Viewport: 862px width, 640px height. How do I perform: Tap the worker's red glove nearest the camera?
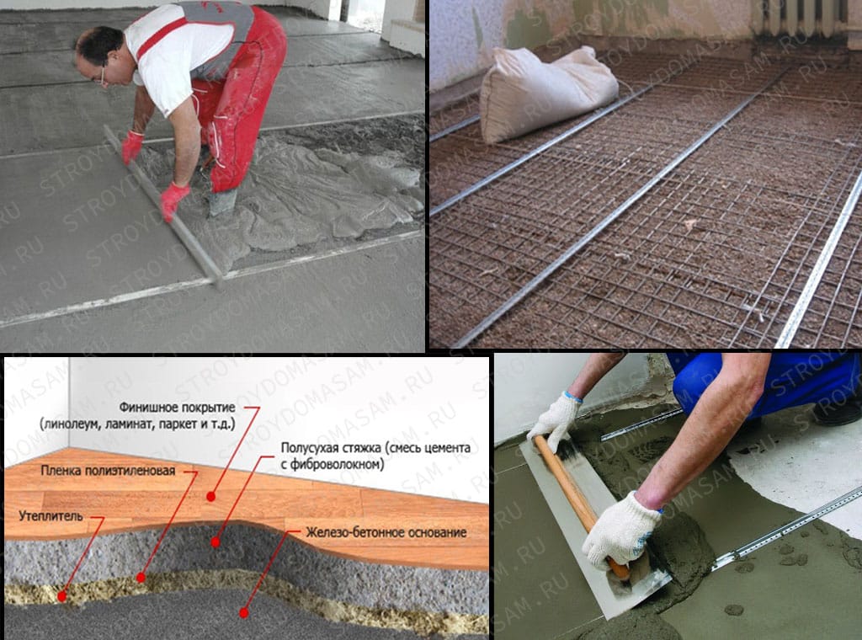(x=173, y=200)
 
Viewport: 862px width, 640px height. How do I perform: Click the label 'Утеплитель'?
(x=51, y=516)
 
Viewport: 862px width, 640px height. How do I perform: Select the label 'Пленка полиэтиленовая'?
(x=108, y=471)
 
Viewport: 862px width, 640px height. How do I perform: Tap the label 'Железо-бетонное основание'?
(x=386, y=532)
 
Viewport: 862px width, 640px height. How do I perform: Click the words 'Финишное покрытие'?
(x=177, y=408)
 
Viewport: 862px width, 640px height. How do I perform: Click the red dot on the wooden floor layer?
(x=210, y=497)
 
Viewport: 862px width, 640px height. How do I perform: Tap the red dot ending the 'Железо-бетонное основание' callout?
(x=243, y=612)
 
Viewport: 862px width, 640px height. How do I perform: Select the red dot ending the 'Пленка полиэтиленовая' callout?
(x=141, y=578)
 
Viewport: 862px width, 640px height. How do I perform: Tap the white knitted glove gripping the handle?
(x=619, y=530)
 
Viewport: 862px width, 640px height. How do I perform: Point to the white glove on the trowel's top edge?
(x=554, y=420)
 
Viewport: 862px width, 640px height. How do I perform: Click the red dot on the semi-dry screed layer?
(x=215, y=542)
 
